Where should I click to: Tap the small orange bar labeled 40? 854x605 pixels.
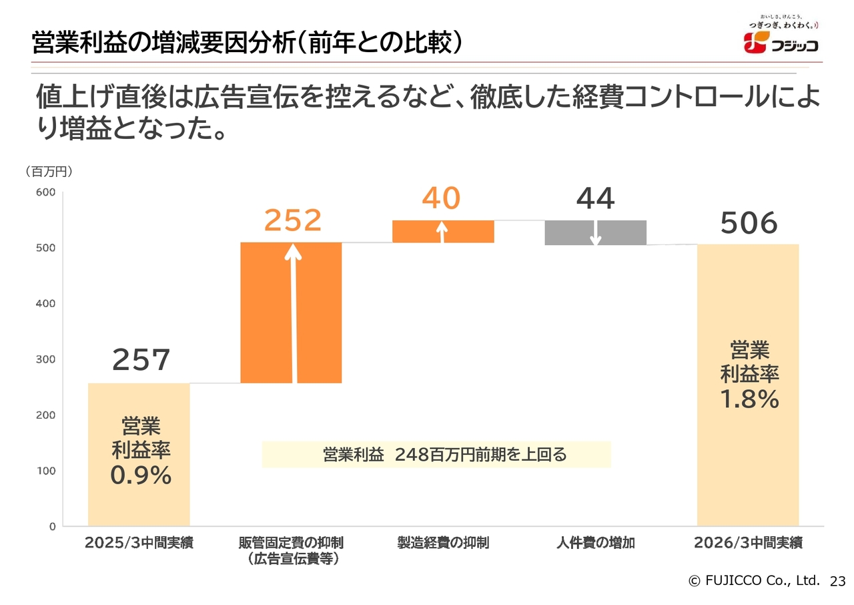coord(443,231)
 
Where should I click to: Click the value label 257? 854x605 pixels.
coord(141,360)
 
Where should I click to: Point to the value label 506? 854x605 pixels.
coord(749,224)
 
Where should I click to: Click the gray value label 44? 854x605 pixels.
coord(595,198)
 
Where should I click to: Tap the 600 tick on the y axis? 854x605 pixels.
coord(46,192)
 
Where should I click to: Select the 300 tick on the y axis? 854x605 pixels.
coord(46,359)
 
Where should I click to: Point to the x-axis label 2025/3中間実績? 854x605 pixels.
coord(139,543)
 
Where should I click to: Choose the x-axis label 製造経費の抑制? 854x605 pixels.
coord(443,543)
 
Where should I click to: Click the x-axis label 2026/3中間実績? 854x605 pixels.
coord(748,543)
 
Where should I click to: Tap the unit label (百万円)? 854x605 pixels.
coord(48,172)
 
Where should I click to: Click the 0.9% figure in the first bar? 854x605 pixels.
coord(141,475)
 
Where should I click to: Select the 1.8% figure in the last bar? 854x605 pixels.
coord(749,399)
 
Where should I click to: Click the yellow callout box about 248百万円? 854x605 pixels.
coord(436,455)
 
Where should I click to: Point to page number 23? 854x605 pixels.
coord(837,582)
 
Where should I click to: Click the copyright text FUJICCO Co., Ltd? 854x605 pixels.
coord(754,581)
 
